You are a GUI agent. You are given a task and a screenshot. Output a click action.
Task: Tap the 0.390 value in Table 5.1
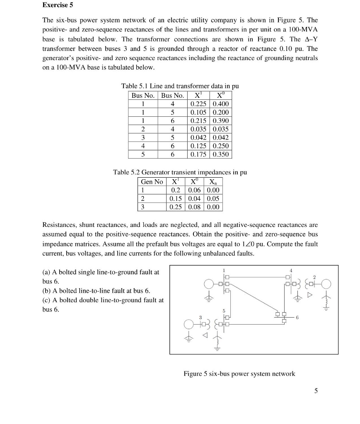[x=221, y=121]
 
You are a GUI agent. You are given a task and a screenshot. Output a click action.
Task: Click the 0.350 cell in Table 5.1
[x=221, y=154]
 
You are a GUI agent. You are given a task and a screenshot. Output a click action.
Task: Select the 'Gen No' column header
[x=152, y=182]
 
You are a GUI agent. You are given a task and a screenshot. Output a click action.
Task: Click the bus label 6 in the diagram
[x=296, y=317]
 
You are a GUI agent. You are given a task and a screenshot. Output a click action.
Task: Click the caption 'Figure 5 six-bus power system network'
[x=239, y=374]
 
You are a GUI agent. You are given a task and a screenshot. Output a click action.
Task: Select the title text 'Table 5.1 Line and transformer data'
[x=180, y=86]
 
